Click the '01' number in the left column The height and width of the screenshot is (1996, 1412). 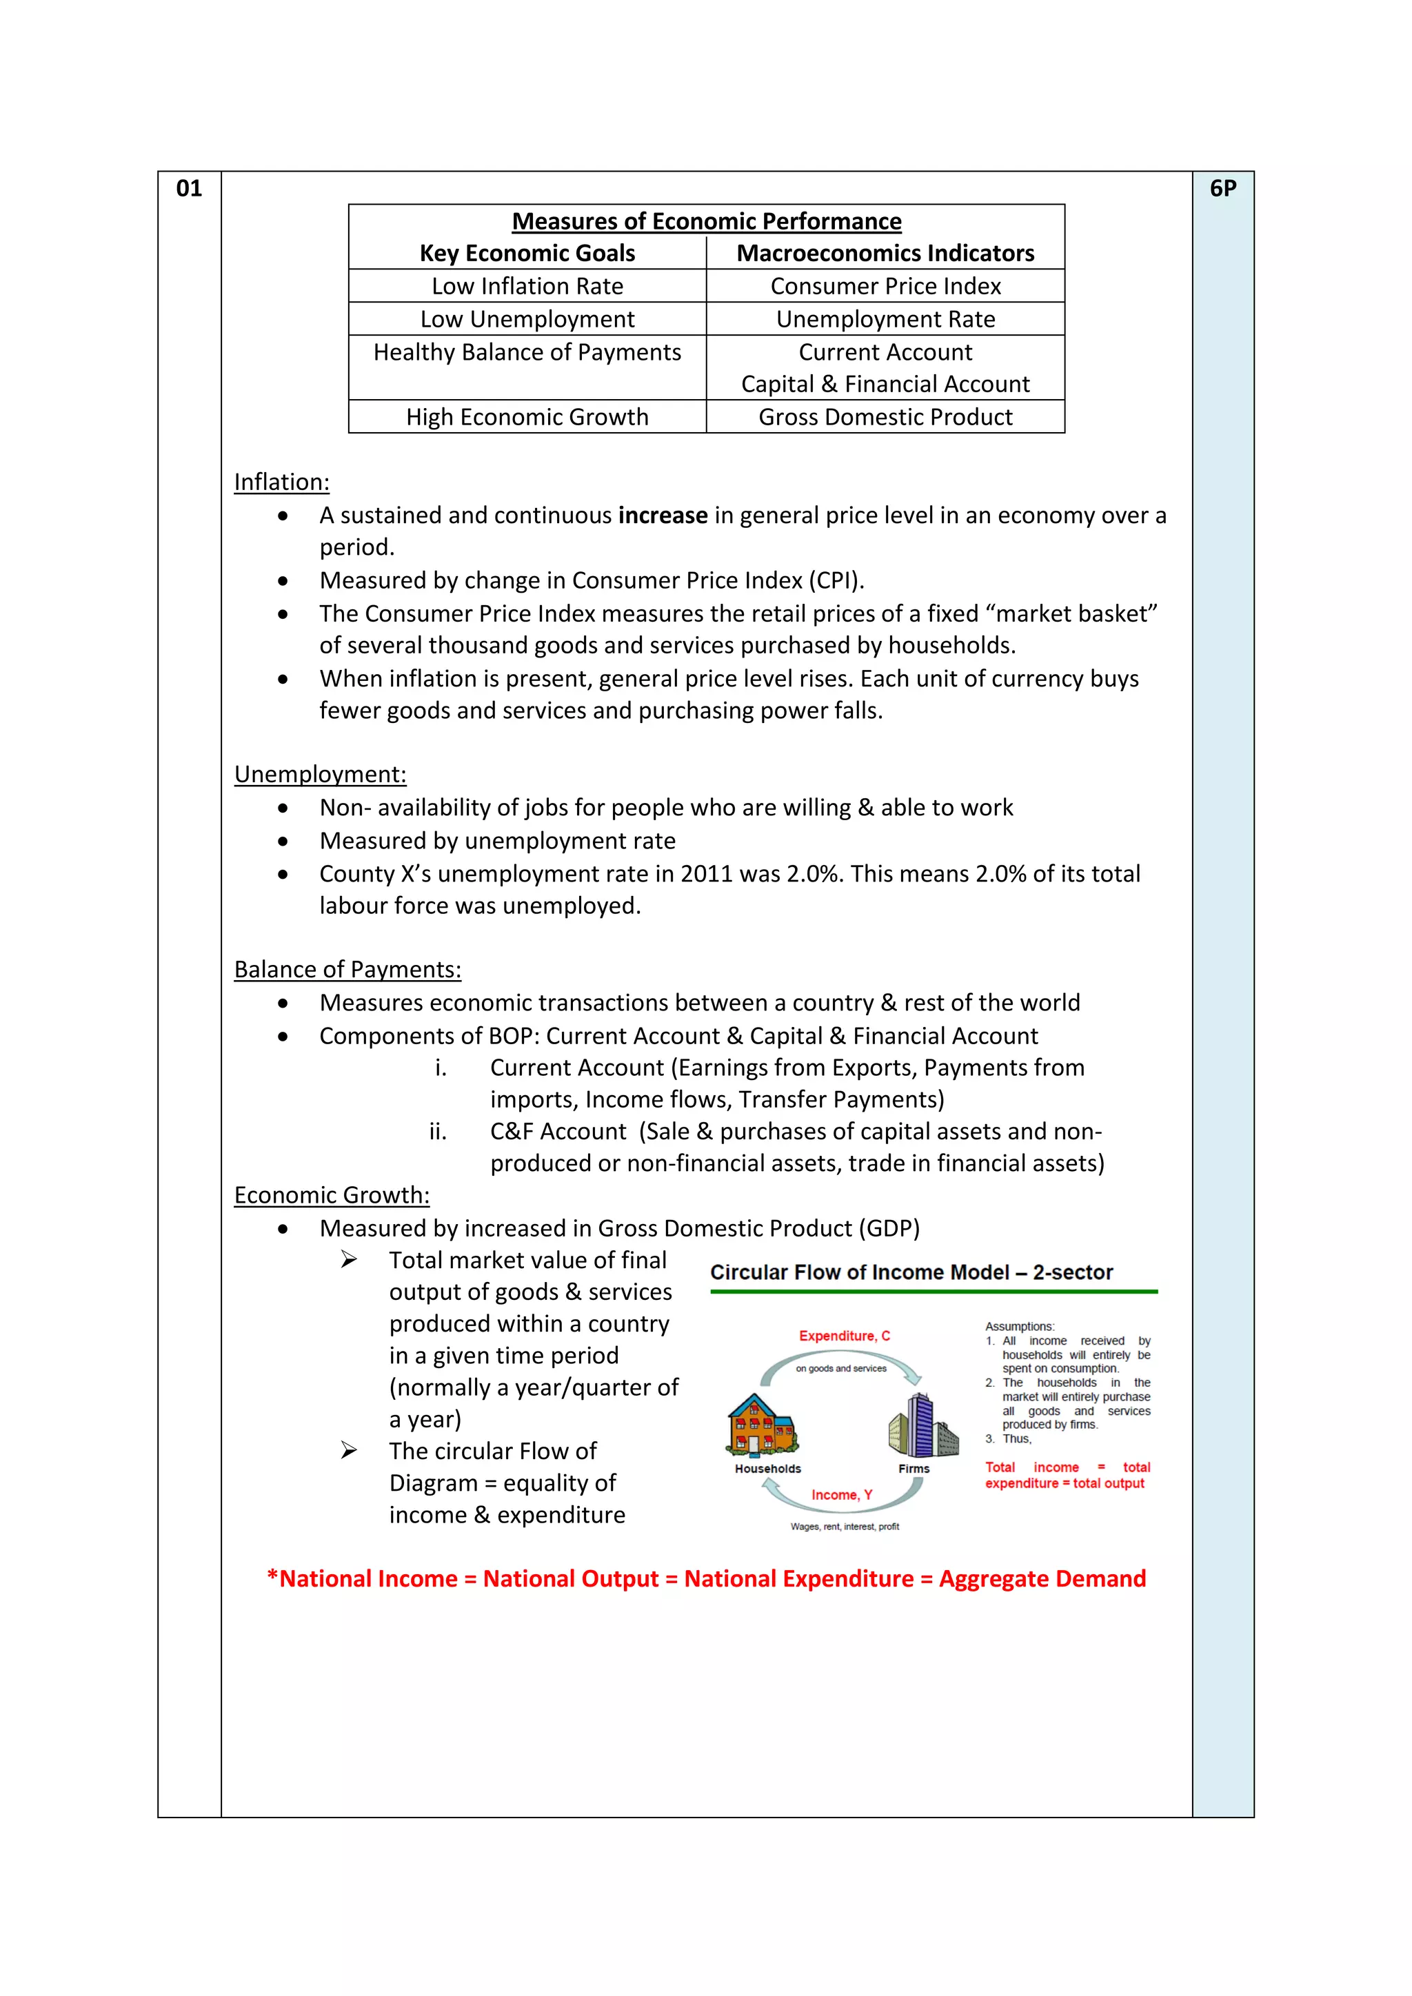point(189,189)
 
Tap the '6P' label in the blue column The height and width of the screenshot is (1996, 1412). point(1222,189)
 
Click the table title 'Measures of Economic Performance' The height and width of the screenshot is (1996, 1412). point(706,222)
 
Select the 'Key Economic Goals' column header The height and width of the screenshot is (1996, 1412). point(527,253)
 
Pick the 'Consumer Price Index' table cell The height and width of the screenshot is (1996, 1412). point(885,286)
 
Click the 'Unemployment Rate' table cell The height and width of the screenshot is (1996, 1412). point(885,319)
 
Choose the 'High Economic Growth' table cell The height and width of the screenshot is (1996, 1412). point(527,417)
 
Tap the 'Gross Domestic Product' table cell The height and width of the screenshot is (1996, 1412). point(885,417)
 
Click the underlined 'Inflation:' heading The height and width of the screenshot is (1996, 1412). point(282,482)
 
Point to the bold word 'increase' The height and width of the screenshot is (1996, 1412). point(663,516)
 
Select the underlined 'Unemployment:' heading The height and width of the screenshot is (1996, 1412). point(320,775)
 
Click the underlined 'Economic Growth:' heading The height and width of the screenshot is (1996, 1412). point(331,1195)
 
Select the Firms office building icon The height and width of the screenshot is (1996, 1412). point(922,1426)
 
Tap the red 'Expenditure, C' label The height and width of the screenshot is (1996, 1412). point(845,1336)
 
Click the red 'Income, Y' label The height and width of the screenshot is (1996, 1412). point(842,1495)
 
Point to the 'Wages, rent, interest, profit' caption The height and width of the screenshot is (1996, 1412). point(845,1527)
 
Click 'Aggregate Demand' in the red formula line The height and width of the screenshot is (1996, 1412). point(1042,1579)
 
